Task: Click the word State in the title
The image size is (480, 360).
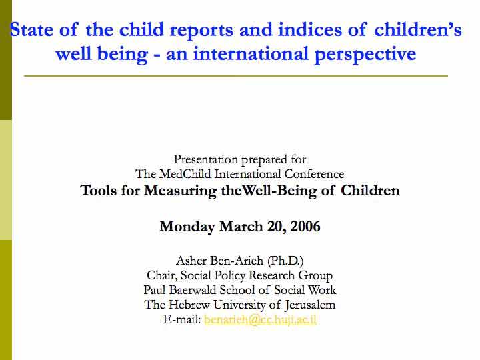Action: (x=31, y=30)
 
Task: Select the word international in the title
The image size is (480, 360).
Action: (x=251, y=53)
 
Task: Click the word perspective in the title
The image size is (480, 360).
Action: (x=365, y=55)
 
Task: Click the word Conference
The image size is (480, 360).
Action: (x=315, y=174)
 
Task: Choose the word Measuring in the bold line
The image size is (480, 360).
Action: (x=180, y=191)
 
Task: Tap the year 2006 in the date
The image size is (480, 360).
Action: (x=305, y=226)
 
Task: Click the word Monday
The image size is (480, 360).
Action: (x=187, y=227)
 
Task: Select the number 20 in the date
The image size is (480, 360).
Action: (x=277, y=227)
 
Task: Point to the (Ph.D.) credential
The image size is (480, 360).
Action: (x=285, y=261)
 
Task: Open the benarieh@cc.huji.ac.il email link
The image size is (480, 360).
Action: (x=260, y=319)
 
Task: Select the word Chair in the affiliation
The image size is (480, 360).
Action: (x=162, y=275)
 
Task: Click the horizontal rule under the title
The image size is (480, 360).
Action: (x=236, y=75)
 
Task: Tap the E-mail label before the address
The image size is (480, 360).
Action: (x=182, y=319)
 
